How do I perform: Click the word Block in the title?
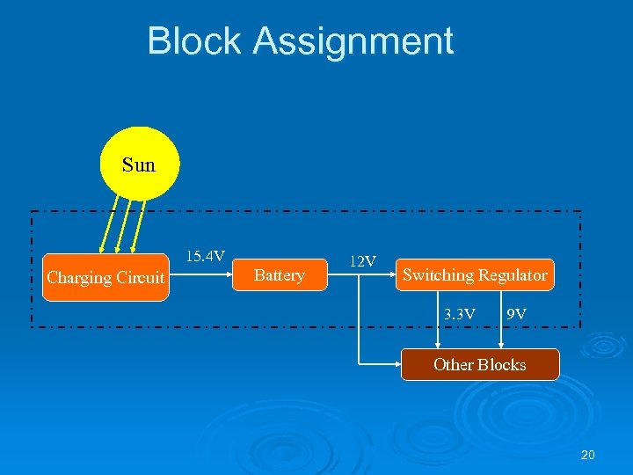pyautogui.click(x=194, y=41)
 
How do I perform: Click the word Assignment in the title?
pyautogui.click(x=353, y=42)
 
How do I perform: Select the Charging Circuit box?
pyautogui.click(x=105, y=278)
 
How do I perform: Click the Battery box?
pyautogui.click(x=279, y=275)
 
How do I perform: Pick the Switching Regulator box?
pyautogui.click(x=475, y=275)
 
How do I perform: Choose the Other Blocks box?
pyautogui.click(x=479, y=364)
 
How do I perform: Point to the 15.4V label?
pyautogui.click(x=204, y=256)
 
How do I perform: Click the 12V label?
pyautogui.click(x=362, y=261)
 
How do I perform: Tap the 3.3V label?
pyautogui.click(x=460, y=313)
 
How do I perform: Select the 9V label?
pyautogui.click(x=517, y=313)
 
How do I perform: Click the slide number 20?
pyautogui.click(x=588, y=455)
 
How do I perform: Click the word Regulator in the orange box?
pyautogui.click(x=513, y=275)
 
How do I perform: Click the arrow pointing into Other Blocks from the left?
pyautogui.click(x=378, y=362)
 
